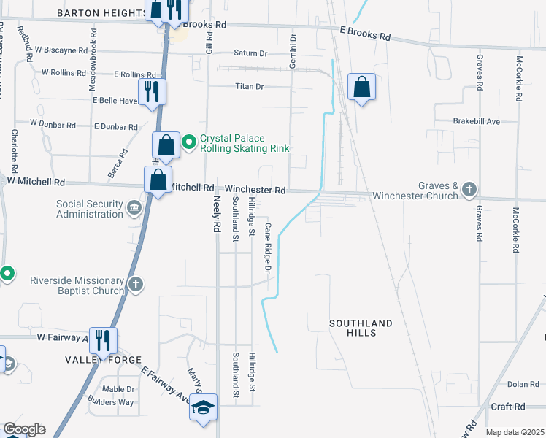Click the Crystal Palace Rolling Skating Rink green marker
click(188, 142)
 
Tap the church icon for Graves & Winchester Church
click(469, 190)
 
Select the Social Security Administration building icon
click(134, 209)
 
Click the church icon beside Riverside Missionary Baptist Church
click(134, 285)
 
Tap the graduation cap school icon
click(204, 407)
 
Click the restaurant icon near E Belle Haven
click(152, 91)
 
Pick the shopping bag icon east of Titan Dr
click(361, 88)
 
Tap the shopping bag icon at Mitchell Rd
click(158, 180)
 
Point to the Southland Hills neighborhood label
click(361, 328)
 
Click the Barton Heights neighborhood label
click(101, 14)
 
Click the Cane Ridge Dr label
click(268, 249)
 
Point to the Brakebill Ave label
click(476, 121)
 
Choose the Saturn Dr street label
click(251, 53)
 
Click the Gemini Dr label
click(293, 52)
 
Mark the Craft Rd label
click(508, 407)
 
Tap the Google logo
click(24, 429)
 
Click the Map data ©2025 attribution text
click(514, 432)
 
